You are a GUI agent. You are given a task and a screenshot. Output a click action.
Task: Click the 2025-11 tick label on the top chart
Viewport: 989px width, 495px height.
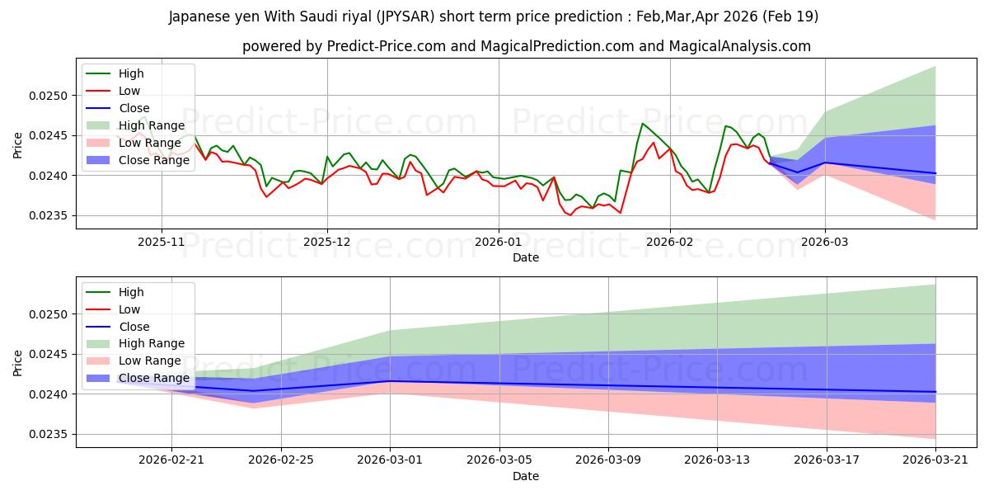click(162, 243)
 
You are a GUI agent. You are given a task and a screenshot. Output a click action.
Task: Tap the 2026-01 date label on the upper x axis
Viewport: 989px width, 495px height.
click(499, 243)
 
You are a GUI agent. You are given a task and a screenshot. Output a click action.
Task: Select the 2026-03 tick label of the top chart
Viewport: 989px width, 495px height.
click(825, 243)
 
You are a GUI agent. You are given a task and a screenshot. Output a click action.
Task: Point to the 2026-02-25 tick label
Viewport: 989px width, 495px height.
click(281, 460)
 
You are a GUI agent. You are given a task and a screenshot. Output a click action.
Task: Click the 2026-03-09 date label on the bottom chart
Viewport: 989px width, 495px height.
click(608, 460)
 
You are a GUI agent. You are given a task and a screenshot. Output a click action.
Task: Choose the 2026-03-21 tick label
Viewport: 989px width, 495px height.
click(935, 460)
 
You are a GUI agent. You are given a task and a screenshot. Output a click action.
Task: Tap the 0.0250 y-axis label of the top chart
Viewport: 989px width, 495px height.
click(48, 96)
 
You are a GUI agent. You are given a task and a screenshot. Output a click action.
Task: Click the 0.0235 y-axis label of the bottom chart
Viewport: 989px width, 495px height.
click(48, 435)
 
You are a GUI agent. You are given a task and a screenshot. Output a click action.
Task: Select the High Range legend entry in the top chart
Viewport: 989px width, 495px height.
click(135, 125)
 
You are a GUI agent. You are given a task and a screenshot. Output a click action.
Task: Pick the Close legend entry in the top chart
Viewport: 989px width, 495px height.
click(118, 108)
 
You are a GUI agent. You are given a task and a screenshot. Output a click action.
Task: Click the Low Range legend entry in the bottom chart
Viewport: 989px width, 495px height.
click(134, 361)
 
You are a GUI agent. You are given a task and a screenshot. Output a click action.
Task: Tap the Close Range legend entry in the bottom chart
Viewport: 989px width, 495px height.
click(138, 379)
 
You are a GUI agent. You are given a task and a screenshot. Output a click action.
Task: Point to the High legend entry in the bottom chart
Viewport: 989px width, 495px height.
click(115, 292)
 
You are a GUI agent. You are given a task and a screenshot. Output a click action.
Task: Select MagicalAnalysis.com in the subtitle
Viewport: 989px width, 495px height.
click(739, 46)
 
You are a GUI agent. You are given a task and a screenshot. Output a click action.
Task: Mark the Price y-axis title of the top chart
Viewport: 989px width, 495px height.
click(17, 145)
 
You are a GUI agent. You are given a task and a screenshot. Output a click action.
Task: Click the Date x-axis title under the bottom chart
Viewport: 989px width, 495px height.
click(526, 476)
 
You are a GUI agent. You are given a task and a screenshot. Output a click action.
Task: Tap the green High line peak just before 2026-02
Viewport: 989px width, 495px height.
click(642, 123)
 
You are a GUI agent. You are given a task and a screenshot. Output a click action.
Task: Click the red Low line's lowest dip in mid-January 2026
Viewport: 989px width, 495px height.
click(570, 215)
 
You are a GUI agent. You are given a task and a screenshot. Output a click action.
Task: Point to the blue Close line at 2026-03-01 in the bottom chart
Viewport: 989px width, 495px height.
click(390, 381)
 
